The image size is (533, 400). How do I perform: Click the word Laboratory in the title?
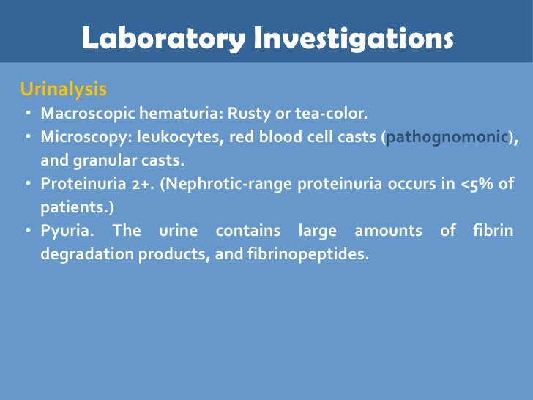click(163, 39)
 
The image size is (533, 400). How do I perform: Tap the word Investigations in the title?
click(353, 39)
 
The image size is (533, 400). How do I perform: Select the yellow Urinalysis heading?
click(64, 89)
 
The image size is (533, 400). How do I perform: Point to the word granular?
click(99, 160)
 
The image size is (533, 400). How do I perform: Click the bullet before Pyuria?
click(26, 231)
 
